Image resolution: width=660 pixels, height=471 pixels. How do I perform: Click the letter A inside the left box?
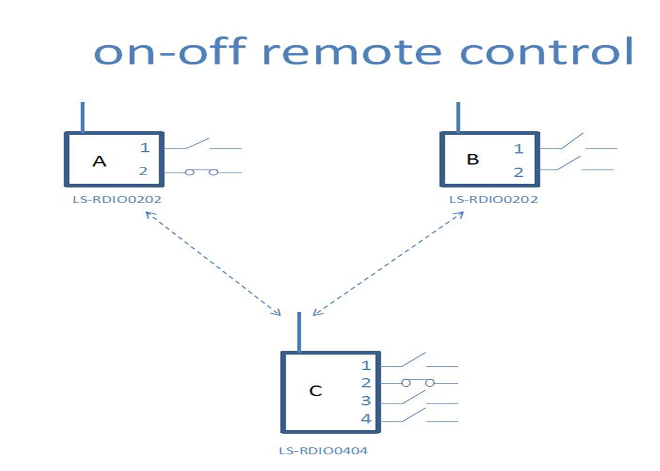[99, 161]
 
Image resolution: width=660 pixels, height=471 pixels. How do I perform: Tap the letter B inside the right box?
[472, 159]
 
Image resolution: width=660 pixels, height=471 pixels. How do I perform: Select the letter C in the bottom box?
[315, 391]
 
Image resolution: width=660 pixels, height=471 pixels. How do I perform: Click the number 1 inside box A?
[145, 147]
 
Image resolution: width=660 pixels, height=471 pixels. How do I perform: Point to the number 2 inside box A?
[143, 171]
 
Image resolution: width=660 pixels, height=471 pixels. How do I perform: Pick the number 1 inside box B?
[519, 149]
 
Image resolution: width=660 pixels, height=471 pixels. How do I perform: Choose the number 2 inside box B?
[519, 172]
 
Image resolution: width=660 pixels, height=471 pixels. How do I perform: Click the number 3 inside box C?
[366, 401]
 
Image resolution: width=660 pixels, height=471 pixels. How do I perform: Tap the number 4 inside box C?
[366, 419]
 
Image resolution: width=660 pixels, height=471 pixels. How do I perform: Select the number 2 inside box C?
[366, 382]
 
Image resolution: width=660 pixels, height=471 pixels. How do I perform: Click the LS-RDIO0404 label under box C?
[323, 451]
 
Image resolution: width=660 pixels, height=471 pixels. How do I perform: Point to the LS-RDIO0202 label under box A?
[117, 200]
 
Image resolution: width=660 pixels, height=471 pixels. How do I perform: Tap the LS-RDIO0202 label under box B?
[494, 200]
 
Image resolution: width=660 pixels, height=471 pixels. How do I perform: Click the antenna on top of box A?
[83, 117]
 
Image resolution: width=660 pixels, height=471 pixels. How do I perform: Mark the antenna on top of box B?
[458, 117]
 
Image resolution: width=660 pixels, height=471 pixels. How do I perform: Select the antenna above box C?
[299, 332]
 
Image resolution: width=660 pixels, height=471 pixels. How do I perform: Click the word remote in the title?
[352, 52]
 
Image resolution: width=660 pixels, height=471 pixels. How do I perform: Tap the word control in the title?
[546, 51]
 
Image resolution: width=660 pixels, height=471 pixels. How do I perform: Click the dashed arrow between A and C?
[213, 264]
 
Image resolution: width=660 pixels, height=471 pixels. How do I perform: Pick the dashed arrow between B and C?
[388, 264]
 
